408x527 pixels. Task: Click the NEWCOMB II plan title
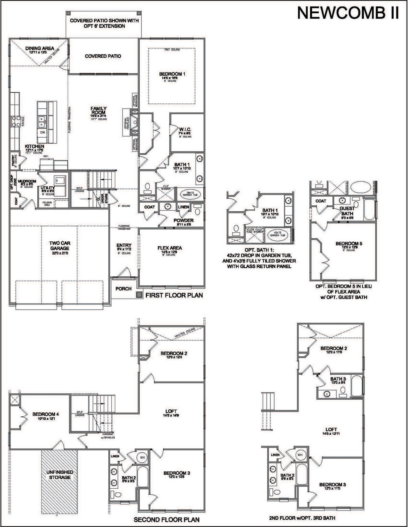(x=348, y=13)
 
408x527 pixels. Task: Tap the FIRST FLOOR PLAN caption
(x=174, y=295)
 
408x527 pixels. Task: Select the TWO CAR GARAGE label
(x=60, y=246)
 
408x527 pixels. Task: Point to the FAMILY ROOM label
(x=98, y=110)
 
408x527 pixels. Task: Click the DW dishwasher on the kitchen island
(x=43, y=133)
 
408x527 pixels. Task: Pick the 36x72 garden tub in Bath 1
(x=190, y=194)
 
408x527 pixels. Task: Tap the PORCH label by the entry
(x=123, y=289)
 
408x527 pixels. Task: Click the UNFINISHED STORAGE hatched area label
(x=60, y=475)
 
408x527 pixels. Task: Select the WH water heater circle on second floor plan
(x=142, y=458)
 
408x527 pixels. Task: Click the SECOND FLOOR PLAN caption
(x=166, y=520)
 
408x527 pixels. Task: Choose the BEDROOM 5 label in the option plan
(x=349, y=243)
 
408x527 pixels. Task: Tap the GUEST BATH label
(x=347, y=211)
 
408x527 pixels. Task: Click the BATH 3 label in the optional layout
(x=338, y=379)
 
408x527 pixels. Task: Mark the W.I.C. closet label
(x=185, y=129)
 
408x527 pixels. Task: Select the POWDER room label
(x=184, y=220)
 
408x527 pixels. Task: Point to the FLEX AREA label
(x=170, y=248)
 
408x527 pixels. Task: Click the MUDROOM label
(x=27, y=181)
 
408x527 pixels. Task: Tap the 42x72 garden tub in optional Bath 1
(x=277, y=234)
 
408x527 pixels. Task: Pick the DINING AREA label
(x=40, y=48)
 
